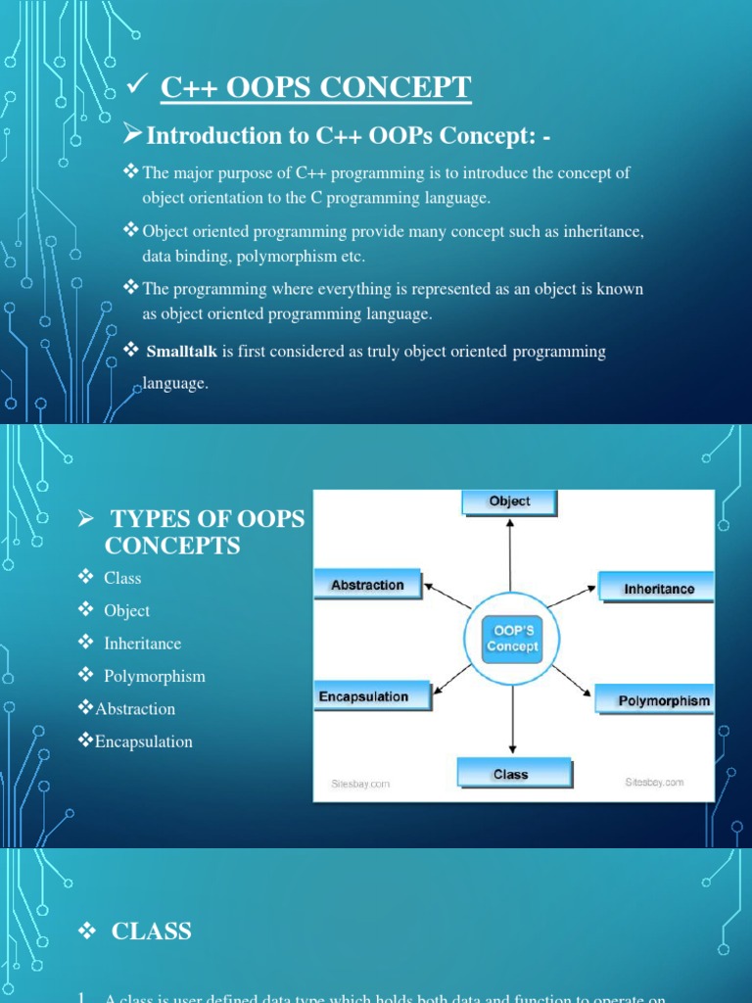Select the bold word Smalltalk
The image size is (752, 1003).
coord(183,352)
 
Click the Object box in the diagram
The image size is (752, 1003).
coord(509,501)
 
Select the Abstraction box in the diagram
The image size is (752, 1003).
coord(367,585)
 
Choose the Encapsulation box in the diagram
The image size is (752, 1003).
coord(363,696)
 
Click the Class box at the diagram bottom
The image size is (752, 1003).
coord(510,774)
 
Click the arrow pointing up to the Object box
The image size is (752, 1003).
coord(510,558)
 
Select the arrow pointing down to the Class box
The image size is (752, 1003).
coord(510,715)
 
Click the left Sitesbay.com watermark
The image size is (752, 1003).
coord(358,784)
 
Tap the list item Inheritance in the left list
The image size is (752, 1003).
coord(142,644)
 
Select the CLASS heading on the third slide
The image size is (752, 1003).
coord(152,931)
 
